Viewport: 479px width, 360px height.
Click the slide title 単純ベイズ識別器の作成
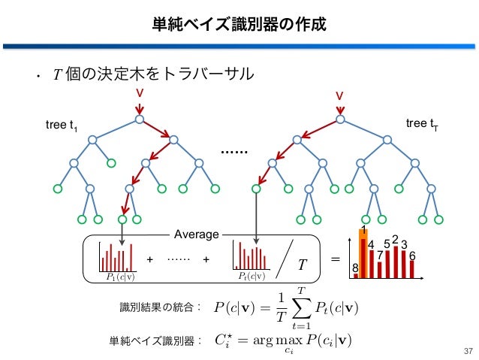[x=239, y=23]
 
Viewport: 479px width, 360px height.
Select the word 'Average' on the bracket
[x=197, y=234]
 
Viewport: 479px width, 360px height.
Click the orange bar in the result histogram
[x=363, y=256]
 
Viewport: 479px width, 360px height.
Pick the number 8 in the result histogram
[x=355, y=267]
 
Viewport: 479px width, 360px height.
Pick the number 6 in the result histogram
[x=412, y=256]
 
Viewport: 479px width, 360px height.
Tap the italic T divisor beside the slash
[x=303, y=264]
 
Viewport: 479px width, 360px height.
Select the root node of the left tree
[x=140, y=119]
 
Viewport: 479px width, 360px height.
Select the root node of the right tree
[x=339, y=119]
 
